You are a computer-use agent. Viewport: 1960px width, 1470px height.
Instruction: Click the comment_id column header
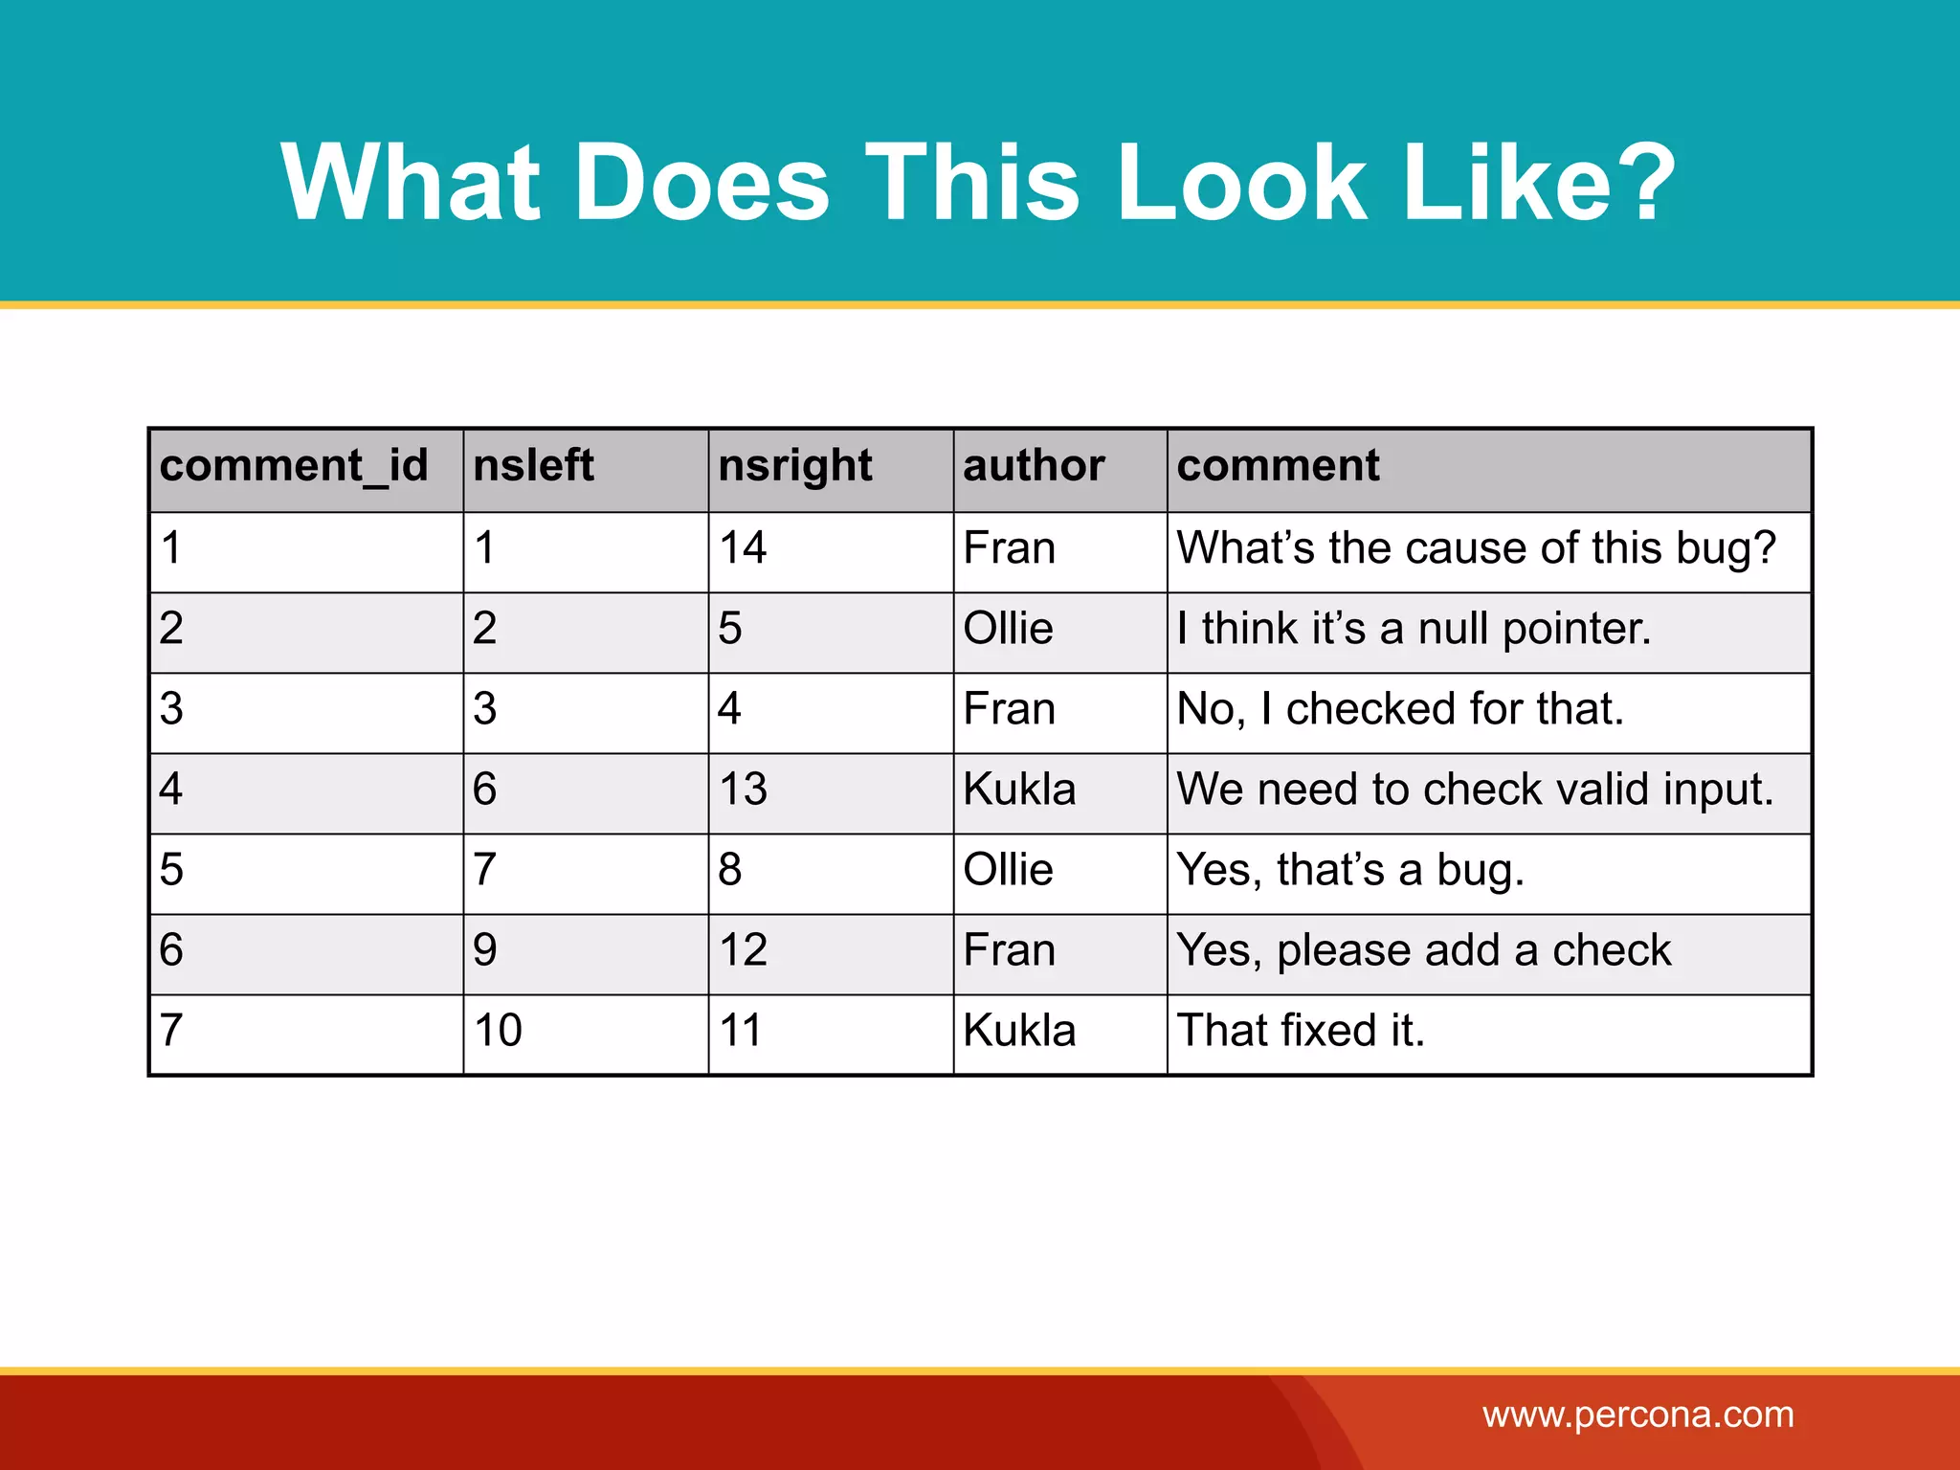point(294,466)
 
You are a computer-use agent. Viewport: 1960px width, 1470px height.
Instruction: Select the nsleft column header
point(533,466)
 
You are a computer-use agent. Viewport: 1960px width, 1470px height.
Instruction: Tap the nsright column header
point(794,466)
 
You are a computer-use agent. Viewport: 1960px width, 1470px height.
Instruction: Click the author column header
point(1034,466)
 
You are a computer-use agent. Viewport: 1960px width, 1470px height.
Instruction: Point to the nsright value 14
point(743,548)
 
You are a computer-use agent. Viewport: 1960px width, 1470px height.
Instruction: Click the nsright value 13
point(743,790)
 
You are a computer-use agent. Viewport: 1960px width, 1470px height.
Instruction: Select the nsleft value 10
point(498,1031)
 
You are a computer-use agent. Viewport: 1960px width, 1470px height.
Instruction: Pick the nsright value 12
point(743,950)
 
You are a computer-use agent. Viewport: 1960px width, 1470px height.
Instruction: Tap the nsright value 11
point(740,1031)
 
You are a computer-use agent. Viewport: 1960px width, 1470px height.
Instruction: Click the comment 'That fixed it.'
point(1301,1031)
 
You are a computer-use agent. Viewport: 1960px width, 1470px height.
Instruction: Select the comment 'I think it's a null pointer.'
point(1414,629)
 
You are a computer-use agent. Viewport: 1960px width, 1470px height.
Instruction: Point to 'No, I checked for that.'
point(1400,709)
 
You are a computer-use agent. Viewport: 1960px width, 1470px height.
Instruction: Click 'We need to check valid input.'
point(1475,790)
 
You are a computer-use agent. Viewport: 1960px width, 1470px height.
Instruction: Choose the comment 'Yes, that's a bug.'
point(1349,870)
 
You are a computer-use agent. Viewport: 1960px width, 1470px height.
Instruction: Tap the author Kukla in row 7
point(1019,1031)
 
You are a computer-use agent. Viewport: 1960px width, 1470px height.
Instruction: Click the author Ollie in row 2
point(1008,629)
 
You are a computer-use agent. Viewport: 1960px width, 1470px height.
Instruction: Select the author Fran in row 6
point(1009,950)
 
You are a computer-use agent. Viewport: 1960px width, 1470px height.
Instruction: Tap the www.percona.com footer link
point(1638,1414)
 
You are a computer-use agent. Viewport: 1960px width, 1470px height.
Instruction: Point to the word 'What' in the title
point(412,182)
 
